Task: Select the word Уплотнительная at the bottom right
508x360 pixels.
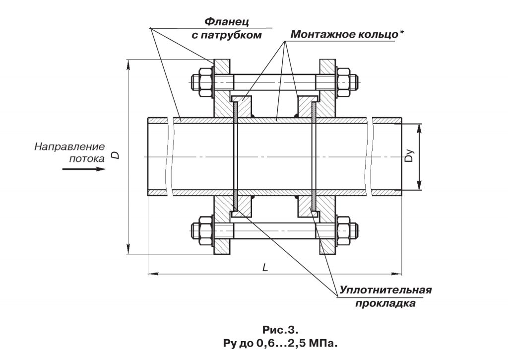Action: [385, 290]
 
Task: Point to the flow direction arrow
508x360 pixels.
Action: [84, 169]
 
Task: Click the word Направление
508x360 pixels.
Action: [69, 146]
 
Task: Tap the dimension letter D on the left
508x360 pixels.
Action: [115, 155]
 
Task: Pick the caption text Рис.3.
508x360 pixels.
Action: [281, 330]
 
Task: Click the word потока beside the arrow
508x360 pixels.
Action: [87, 159]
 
